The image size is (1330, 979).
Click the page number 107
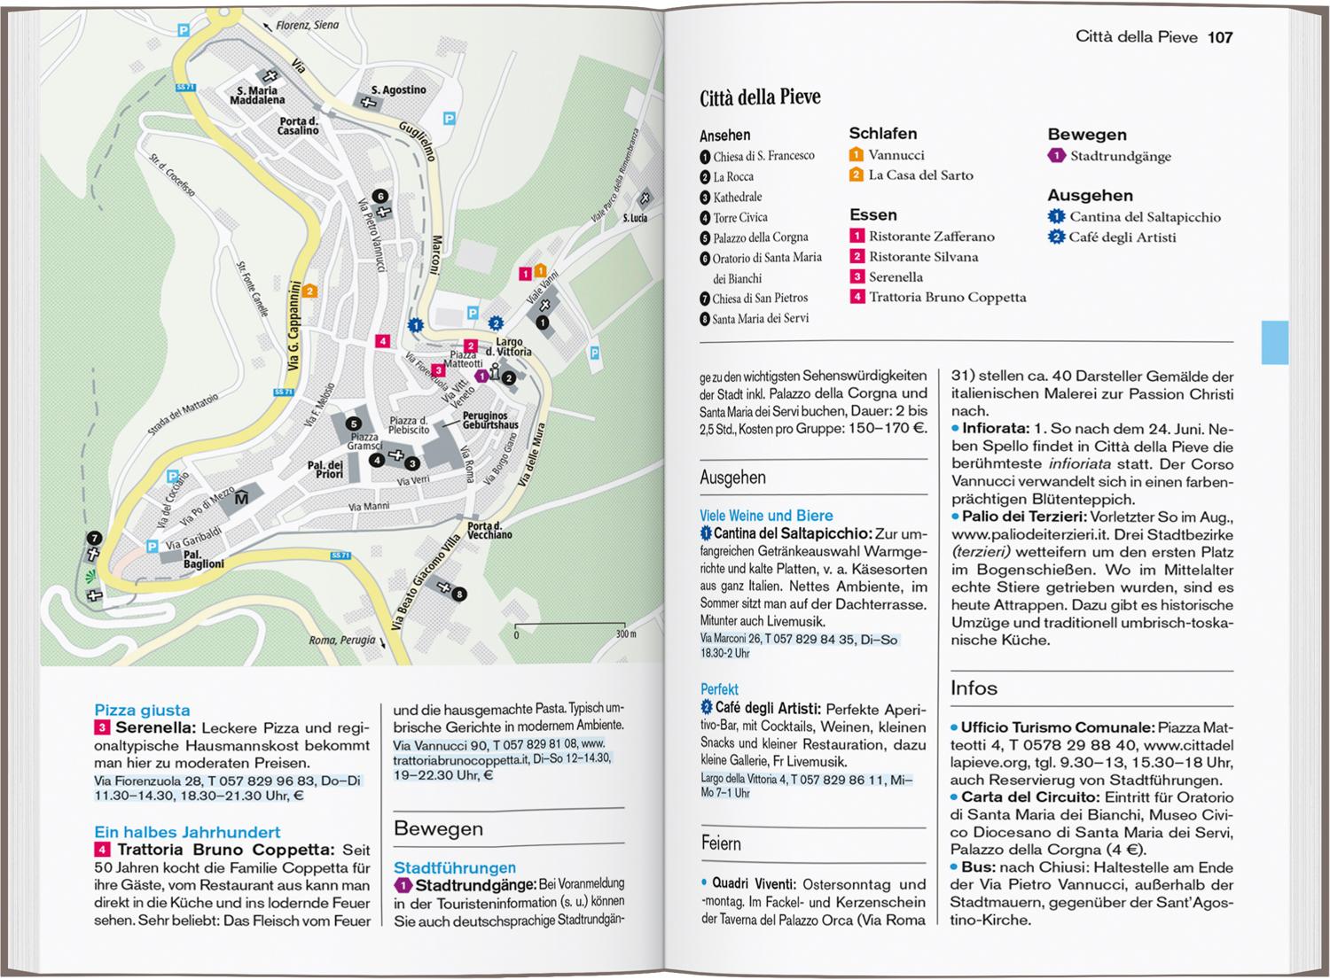[1220, 37]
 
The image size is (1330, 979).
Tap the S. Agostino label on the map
[398, 90]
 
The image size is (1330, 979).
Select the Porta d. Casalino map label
[298, 126]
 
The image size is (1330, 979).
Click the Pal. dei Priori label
[325, 470]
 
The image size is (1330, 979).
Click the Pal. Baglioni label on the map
[203, 559]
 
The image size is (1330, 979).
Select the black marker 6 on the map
[379, 197]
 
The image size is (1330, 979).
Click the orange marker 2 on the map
[309, 291]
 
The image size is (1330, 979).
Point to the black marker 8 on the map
[459, 594]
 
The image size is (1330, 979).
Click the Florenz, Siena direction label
[307, 26]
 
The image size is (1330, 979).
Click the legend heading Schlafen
[883, 134]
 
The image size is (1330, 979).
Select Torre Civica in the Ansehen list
[739, 217]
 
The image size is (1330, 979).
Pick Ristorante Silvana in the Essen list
[923, 257]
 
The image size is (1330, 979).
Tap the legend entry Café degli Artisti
[1122, 237]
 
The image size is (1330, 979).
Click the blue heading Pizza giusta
[142, 711]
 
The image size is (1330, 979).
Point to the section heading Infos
[974, 688]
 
